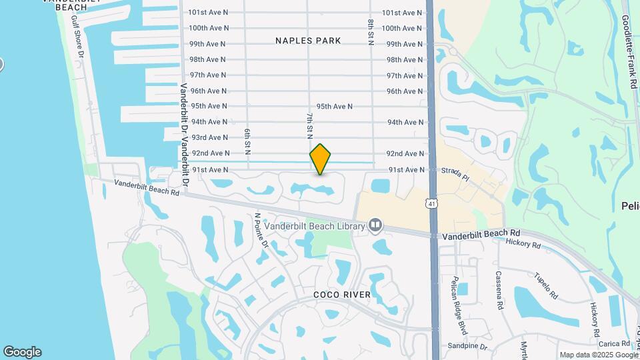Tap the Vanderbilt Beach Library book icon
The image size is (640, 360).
375,226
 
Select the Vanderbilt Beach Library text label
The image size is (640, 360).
314,226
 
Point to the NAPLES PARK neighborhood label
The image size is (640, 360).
308,41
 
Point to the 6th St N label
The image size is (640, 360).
247,141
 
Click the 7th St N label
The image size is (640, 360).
309,125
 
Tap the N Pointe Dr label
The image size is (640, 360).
261,230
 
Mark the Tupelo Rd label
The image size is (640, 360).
545,285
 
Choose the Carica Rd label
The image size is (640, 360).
614,344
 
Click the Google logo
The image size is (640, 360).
22,352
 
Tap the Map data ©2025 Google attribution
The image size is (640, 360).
599,355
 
